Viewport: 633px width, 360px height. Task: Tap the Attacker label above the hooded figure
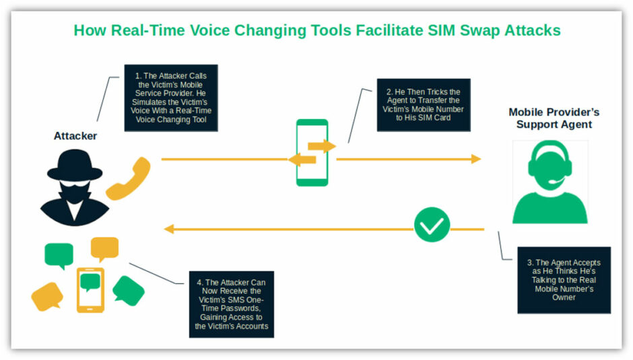[x=75, y=136]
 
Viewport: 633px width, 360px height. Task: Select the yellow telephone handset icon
[x=129, y=178]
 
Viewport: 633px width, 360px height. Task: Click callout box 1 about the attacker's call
[x=171, y=98]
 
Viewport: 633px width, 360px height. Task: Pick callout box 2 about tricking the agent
[x=424, y=105]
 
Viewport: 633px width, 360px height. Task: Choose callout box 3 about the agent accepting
[x=564, y=280]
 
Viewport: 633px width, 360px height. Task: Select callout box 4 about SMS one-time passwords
[x=232, y=304]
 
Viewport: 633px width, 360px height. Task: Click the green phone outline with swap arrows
[x=312, y=153]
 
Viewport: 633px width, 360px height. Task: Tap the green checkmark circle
[x=432, y=225]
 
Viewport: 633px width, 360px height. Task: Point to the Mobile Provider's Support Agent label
[x=554, y=118]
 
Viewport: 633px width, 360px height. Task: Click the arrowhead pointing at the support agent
[x=476, y=159]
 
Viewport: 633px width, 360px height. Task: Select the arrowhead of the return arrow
[x=169, y=229]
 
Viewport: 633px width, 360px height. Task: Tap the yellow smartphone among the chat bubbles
[x=90, y=290]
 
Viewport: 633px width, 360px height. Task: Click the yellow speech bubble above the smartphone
[x=104, y=248]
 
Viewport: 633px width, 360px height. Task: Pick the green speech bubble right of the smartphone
[x=129, y=291]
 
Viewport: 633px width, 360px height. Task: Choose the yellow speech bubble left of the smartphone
[x=47, y=297]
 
